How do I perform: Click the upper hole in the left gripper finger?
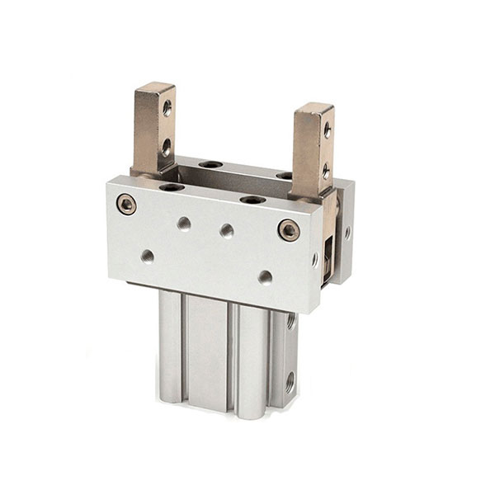coord(167,106)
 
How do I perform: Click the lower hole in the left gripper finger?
coord(166,147)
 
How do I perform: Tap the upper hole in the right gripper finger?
coord(327,130)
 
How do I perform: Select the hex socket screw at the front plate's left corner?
coord(126,204)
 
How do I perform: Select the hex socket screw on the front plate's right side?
coord(289,230)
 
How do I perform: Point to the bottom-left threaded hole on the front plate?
coord(147,256)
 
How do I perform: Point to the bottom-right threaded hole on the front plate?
coord(265,277)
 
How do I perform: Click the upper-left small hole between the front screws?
coord(184,223)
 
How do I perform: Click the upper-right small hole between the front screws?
coord(227,231)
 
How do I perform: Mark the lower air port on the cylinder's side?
coord(290,381)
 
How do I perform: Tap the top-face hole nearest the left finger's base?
coord(172,187)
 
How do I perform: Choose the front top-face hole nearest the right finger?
coord(252,199)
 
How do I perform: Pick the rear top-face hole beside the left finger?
coord(210,164)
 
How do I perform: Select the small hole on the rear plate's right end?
coord(347,233)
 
